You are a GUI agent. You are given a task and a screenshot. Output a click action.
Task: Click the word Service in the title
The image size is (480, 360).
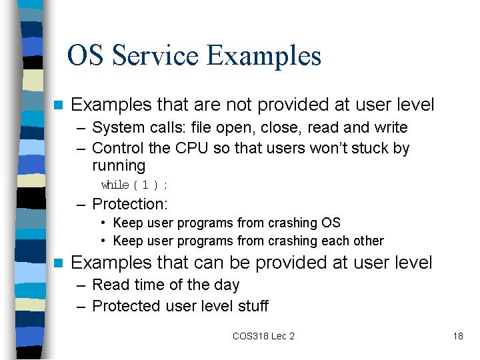click(155, 55)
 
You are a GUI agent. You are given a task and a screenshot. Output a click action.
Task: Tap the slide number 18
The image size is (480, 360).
click(458, 336)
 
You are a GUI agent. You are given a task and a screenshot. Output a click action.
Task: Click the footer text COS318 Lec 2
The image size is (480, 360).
click(263, 336)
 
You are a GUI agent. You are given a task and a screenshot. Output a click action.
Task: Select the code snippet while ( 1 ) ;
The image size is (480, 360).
click(134, 185)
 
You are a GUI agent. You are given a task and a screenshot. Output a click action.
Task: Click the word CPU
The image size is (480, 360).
click(191, 148)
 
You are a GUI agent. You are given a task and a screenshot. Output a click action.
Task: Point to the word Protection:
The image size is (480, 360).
click(130, 204)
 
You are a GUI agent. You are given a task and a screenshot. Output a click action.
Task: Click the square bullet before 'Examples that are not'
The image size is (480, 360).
click(58, 105)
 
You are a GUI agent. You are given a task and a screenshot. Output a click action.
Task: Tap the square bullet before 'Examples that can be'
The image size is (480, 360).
click(58, 263)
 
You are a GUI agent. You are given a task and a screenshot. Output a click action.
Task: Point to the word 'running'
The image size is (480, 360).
click(119, 165)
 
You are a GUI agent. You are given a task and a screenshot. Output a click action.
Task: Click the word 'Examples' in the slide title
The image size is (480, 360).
click(264, 56)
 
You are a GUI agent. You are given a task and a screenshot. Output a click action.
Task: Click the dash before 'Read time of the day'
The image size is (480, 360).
click(81, 286)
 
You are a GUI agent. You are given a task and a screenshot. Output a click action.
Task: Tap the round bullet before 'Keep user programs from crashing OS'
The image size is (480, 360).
click(103, 223)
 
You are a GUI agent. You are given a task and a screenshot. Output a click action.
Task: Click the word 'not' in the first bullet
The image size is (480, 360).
click(239, 105)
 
